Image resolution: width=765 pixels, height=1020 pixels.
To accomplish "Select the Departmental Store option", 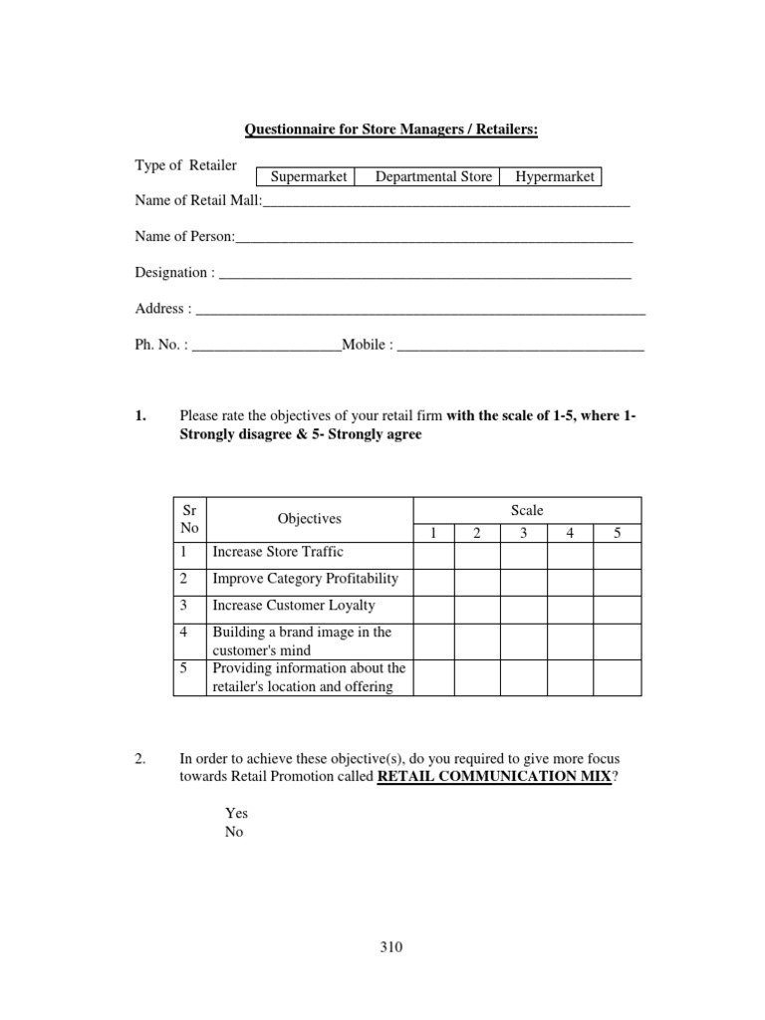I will click(x=433, y=177).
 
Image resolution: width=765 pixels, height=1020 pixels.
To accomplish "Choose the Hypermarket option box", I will click(x=555, y=177).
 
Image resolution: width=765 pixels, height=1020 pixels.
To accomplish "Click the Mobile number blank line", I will click(x=520, y=348).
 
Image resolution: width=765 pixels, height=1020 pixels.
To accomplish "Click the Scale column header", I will click(x=527, y=510).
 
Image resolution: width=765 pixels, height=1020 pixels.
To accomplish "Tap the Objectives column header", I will click(x=309, y=519).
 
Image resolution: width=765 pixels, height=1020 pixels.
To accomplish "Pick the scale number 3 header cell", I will click(x=523, y=534).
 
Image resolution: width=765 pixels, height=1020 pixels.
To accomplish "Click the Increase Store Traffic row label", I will click(x=278, y=552).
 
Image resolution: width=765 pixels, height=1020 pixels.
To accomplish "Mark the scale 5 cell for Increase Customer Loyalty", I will click(x=618, y=606).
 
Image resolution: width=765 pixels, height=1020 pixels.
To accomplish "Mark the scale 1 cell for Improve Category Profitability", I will click(x=433, y=579).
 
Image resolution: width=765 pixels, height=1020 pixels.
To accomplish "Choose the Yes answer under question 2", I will click(x=236, y=813).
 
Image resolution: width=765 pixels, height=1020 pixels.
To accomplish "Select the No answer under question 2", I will click(x=234, y=832).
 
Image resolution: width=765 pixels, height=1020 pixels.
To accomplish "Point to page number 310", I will click(x=390, y=947).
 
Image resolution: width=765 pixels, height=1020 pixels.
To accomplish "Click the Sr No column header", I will click(x=189, y=519).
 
